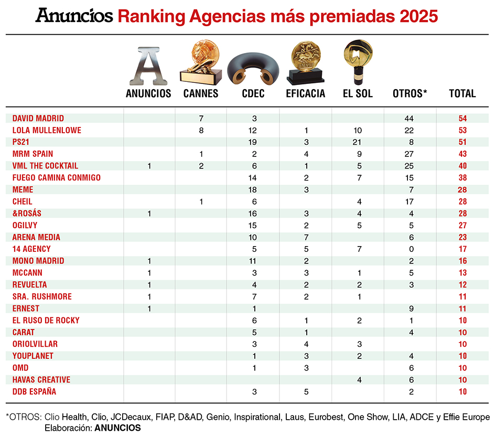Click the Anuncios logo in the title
(x=74, y=16)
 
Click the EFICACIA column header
(x=306, y=94)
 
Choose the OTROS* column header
(x=410, y=94)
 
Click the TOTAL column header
(x=462, y=94)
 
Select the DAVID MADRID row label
(x=38, y=118)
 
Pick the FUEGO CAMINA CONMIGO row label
(x=57, y=177)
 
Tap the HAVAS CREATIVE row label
(x=41, y=379)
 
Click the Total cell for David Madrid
(x=462, y=119)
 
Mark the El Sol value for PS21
(x=358, y=142)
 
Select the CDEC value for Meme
(x=253, y=189)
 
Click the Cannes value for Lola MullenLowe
(x=201, y=130)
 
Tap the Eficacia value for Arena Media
(x=306, y=237)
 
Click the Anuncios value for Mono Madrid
(x=149, y=261)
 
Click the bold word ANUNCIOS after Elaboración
(x=119, y=428)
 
